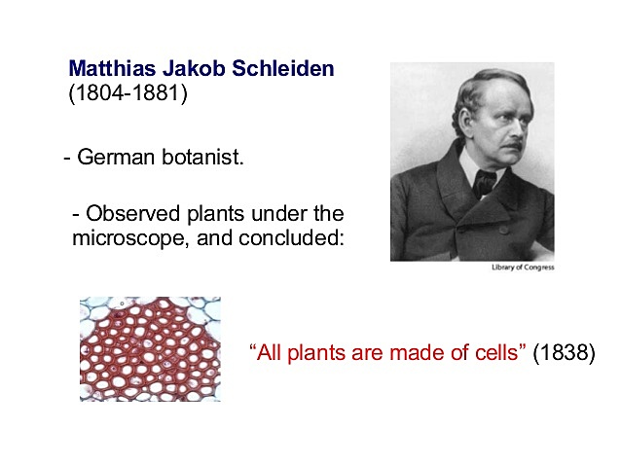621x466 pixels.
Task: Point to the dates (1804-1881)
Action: click(x=127, y=95)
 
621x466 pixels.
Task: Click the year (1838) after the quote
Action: click(x=564, y=352)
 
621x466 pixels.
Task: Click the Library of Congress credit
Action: click(x=523, y=268)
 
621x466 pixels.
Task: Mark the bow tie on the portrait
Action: click(x=484, y=182)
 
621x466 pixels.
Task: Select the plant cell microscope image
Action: click(x=150, y=349)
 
